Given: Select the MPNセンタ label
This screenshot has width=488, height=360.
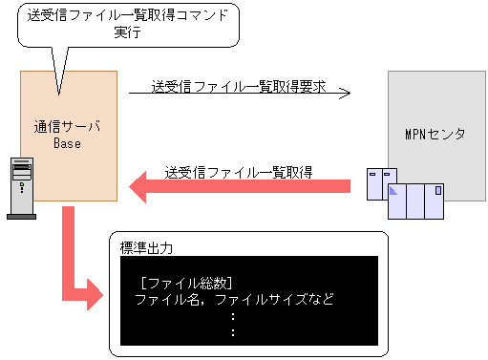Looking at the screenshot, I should (x=435, y=133).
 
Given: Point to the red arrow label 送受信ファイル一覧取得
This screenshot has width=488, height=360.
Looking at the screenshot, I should (x=240, y=172).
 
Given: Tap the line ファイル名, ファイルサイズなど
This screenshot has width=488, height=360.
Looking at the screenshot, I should (x=234, y=299).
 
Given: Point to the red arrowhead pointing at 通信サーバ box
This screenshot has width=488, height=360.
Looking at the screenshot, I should (x=141, y=185).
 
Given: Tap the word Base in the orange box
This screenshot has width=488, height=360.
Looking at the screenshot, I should (x=67, y=143).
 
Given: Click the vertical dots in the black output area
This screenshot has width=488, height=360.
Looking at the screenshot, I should (x=234, y=325).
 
